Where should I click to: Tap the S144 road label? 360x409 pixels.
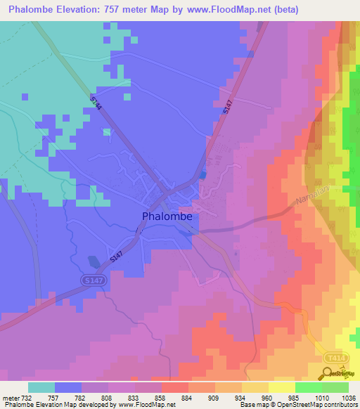point(96,103)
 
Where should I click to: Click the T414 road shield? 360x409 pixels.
point(335,358)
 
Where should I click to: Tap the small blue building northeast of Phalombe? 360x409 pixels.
point(203,175)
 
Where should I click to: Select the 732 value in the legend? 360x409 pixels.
point(27,397)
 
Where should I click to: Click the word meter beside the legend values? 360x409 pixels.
point(10,397)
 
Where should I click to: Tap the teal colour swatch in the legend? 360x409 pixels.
point(41,387)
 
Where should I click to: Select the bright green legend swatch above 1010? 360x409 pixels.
point(308,387)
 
